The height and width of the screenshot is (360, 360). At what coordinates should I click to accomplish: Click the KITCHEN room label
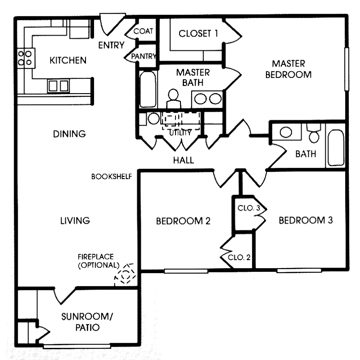(x=67, y=60)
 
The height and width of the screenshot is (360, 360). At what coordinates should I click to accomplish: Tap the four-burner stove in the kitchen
(x=25, y=57)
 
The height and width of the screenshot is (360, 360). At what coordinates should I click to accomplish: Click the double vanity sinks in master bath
(x=207, y=98)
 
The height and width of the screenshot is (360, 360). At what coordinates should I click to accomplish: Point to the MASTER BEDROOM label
(x=288, y=69)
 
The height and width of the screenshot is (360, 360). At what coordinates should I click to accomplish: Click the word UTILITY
(x=180, y=133)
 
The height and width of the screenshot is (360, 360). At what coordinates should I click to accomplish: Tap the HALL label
(x=184, y=160)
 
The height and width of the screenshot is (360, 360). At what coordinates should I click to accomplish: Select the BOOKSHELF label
(x=111, y=176)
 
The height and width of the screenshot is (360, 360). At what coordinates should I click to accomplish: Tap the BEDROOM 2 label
(x=184, y=221)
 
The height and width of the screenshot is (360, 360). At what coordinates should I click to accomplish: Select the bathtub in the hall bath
(x=335, y=148)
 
